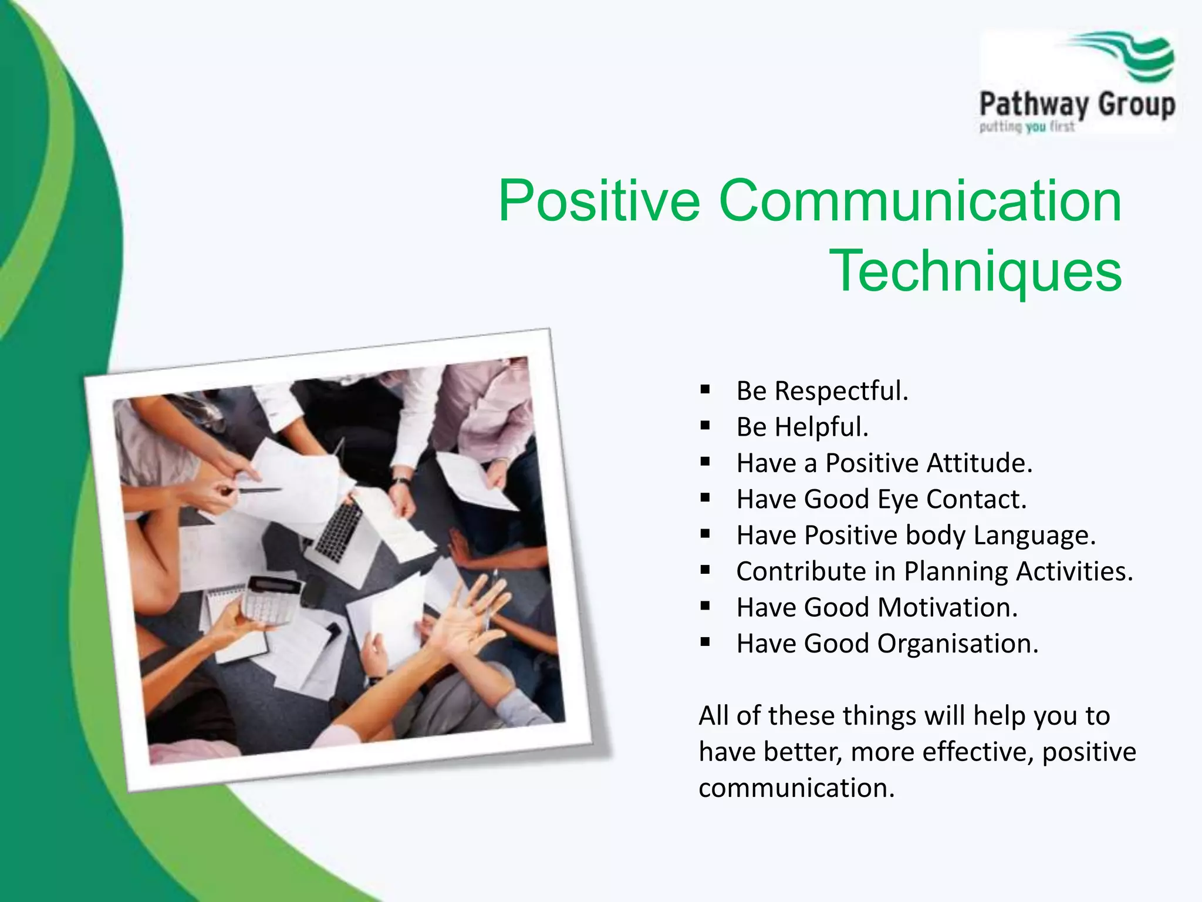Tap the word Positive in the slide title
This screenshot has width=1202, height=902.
pyautogui.click(x=599, y=201)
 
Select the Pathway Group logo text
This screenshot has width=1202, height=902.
pyautogui.click(x=1077, y=105)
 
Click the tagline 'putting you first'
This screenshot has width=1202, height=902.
pyautogui.click(x=1027, y=127)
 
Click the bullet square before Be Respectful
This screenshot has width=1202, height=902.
pyautogui.click(x=705, y=390)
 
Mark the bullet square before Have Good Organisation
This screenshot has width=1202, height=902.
pyautogui.click(x=705, y=642)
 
